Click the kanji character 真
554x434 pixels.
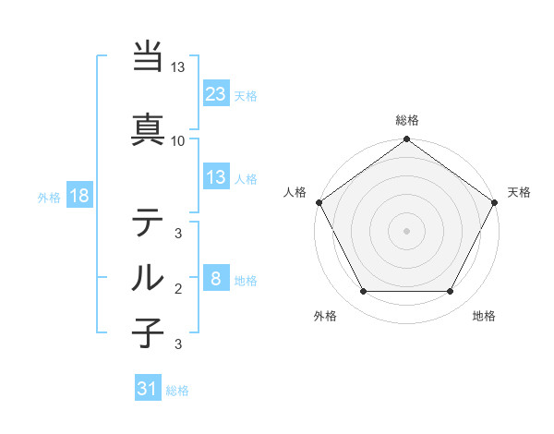coord(149,130)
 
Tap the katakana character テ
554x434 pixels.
coord(149,222)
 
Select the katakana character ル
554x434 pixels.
coord(149,277)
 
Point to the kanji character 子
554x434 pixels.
coord(149,333)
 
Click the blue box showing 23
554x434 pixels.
coord(215,94)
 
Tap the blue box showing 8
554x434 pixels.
coord(215,279)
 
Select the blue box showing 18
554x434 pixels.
coord(78,197)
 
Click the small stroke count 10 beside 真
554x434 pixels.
coord(178,141)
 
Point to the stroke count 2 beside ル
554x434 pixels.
coord(178,289)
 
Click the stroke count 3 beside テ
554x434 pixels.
coord(178,233)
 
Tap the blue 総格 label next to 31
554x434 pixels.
coord(177,391)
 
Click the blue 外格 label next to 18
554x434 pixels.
coord(49,198)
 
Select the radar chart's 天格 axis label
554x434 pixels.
coord(519,192)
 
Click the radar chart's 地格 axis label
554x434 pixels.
coord(484,317)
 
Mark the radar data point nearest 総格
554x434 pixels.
coord(406,141)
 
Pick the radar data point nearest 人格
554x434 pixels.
coord(319,202)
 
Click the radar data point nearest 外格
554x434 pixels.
coord(363,292)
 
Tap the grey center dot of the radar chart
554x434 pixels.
coord(406,230)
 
